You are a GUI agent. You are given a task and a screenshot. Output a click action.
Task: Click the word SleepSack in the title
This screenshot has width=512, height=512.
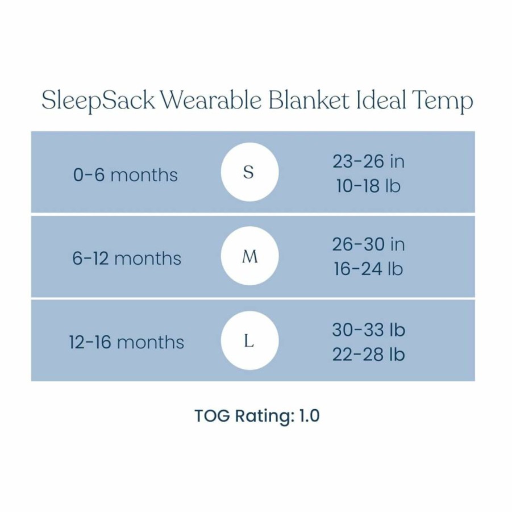[x=98, y=100]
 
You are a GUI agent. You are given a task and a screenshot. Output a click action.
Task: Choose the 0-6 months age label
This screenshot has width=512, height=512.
[x=126, y=174]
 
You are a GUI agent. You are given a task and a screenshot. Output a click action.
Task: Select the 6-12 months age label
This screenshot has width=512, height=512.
[x=127, y=259]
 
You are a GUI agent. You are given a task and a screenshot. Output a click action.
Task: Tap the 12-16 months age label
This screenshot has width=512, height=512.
[x=127, y=342]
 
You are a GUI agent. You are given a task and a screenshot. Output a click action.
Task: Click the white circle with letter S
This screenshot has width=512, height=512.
[x=250, y=172]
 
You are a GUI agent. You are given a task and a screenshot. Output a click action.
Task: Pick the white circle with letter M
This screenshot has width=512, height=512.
[x=250, y=256]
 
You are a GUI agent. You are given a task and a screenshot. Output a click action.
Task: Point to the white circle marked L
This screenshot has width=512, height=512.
[x=250, y=340]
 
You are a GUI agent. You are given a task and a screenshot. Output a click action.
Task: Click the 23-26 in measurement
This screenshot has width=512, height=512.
[x=369, y=161]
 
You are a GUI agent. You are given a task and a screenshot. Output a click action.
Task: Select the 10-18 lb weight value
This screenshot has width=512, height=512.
[x=368, y=186]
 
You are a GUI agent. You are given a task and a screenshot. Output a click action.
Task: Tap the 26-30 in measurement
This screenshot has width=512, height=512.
[x=369, y=244]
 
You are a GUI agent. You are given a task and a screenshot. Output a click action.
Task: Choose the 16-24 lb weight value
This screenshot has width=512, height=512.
[x=368, y=269]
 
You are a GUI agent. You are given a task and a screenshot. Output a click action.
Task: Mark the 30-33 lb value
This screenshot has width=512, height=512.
[x=369, y=330]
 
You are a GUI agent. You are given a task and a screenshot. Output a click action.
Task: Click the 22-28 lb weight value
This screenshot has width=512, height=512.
[x=369, y=354]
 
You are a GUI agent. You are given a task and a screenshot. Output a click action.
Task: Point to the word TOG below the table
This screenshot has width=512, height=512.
[x=213, y=415]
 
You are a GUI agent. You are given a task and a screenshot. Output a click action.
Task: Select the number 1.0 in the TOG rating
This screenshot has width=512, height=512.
[x=309, y=415]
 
